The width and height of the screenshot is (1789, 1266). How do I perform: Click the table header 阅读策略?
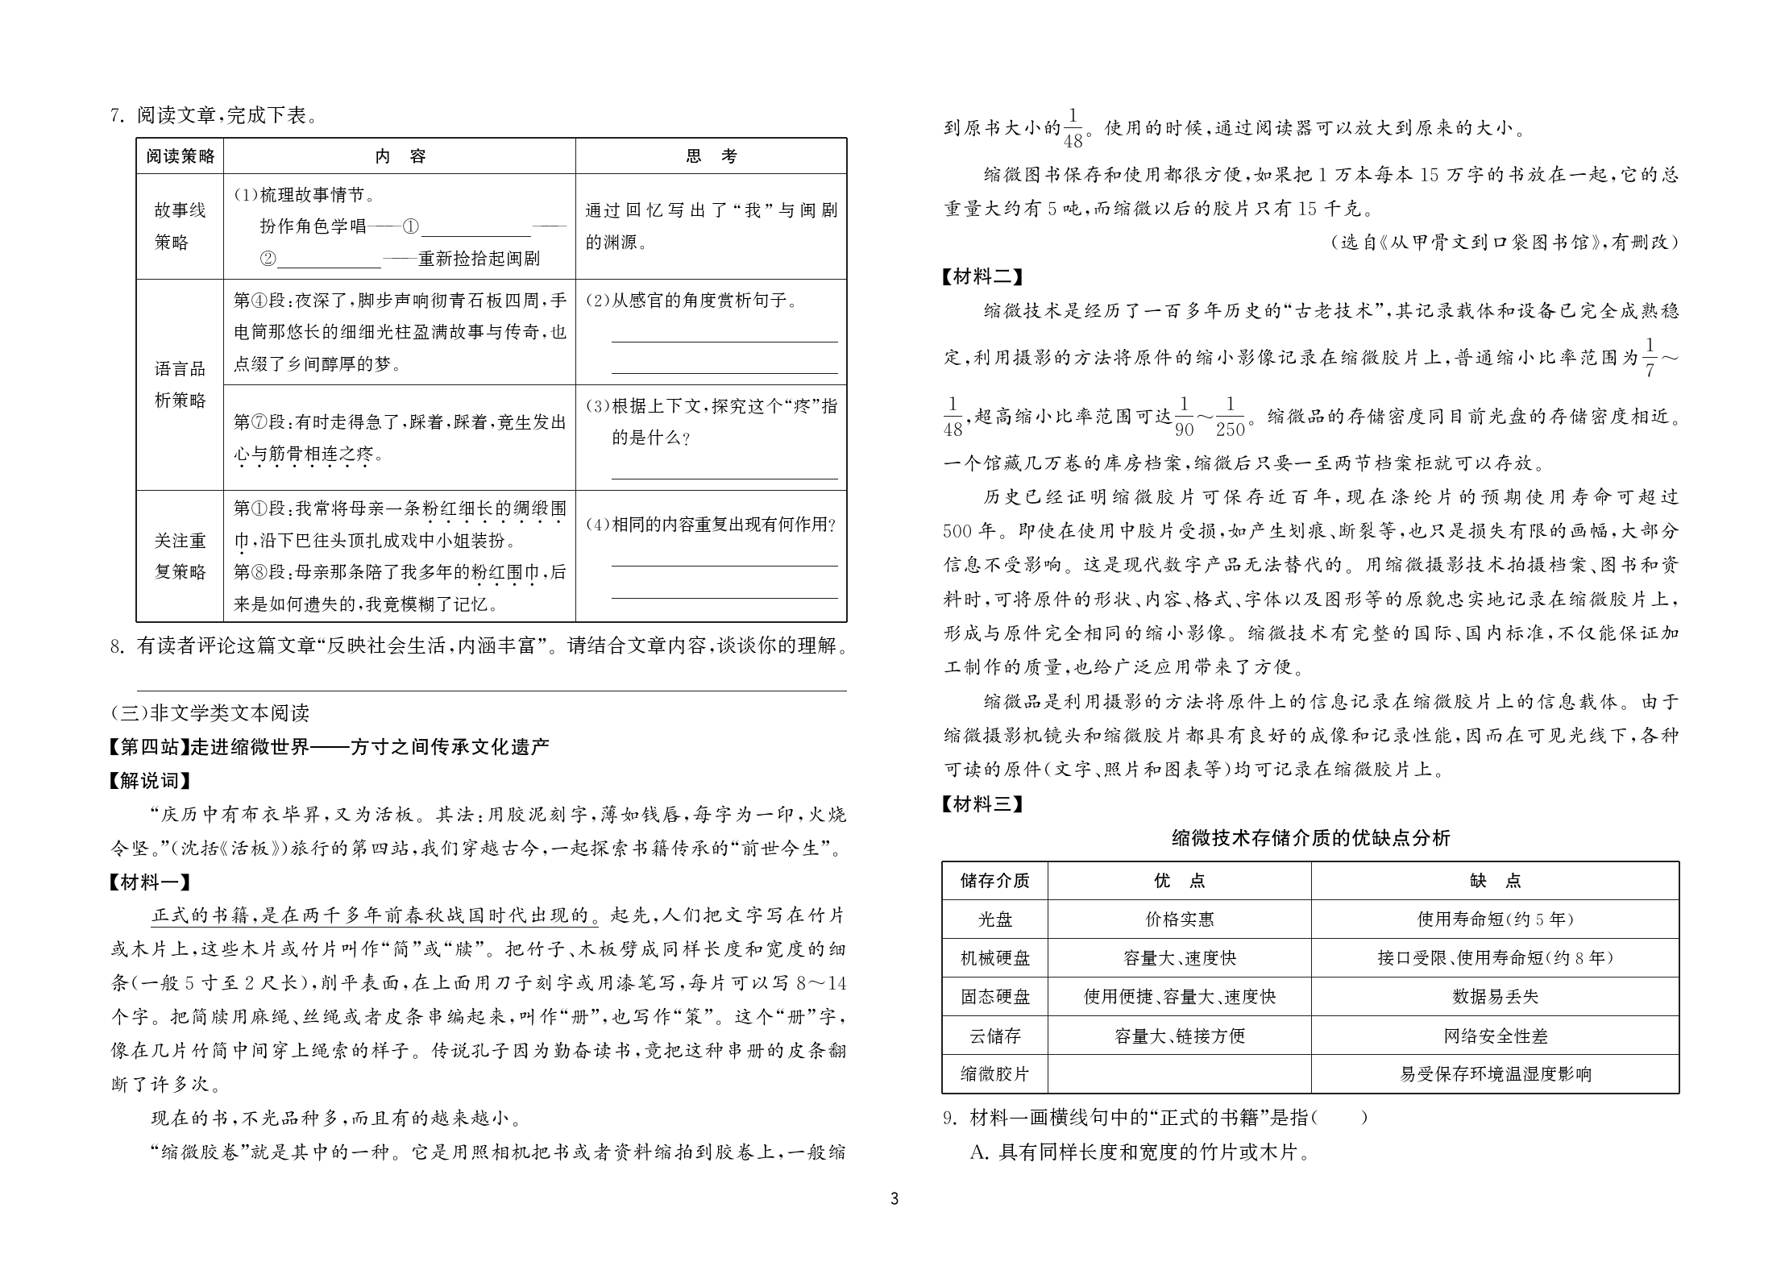coord(180,156)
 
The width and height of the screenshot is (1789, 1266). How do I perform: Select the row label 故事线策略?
coord(180,226)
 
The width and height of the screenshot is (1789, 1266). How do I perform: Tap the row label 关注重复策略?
coord(180,556)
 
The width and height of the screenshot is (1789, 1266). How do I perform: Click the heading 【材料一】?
coord(151,882)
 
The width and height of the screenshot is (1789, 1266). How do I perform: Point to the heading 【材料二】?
coord(982,277)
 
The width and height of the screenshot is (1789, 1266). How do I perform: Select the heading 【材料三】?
coord(982,803)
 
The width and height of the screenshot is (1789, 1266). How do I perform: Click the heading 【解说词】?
coord(151,780)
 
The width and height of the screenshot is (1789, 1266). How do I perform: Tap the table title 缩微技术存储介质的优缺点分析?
coord(1310,838)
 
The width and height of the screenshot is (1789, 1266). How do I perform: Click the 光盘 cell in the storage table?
coord(994,919)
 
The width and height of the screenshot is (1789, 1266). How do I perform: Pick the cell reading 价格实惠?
coord(1179,919)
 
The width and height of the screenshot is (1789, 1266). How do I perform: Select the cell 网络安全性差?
coord(1495,1036)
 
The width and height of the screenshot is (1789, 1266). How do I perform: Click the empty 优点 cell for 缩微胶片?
coord(1179,1074)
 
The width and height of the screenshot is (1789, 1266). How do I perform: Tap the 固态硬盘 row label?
coord(994,997)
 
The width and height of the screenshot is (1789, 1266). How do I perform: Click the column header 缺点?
coord(1495,881)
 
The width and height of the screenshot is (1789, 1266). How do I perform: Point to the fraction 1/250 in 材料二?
coord(1230,417)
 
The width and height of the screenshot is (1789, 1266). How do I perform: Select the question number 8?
coord(118,646)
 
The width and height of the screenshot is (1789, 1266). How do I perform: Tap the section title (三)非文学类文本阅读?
coord(210,712)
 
